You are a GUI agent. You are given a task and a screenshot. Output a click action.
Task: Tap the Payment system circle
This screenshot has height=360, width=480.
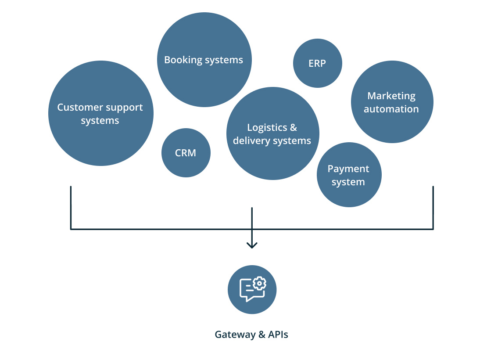pos(349,193)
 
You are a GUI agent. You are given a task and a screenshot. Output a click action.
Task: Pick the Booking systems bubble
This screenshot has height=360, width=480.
pos(204,79)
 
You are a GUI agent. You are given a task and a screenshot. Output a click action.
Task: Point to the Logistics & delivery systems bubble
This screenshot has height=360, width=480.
pos(272,158)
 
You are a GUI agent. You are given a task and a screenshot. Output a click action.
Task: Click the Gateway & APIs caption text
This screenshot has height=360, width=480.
pos(251,335)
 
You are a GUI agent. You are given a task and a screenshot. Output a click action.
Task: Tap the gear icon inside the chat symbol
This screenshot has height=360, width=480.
pos(259,284)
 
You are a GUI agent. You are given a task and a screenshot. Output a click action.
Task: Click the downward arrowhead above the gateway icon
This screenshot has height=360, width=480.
pos(252,245)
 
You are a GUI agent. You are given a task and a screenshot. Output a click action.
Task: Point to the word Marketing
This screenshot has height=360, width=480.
pos(391,96)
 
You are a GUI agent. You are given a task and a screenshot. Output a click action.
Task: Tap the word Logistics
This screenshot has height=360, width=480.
pos(267,128)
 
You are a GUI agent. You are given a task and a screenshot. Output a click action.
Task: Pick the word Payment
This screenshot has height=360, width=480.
pos(348,169)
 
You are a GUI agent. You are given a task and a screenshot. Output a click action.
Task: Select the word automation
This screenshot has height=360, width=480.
pos(391,109)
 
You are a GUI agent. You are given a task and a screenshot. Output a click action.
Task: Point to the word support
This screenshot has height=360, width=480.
pos(123,107)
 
